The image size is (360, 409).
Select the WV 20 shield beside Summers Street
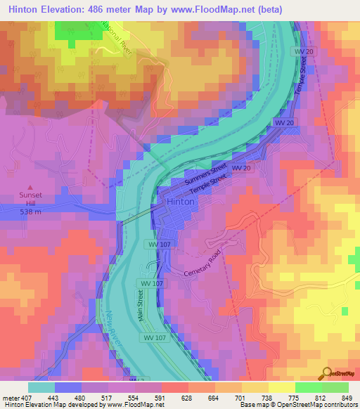tap(241, 169)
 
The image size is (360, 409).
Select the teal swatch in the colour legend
tap(41, 387)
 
